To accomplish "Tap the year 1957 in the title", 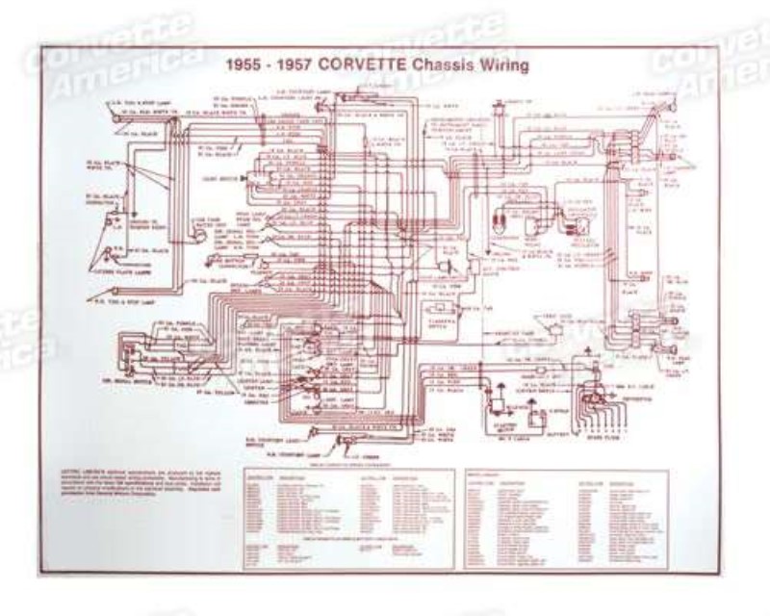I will (292, 66).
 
